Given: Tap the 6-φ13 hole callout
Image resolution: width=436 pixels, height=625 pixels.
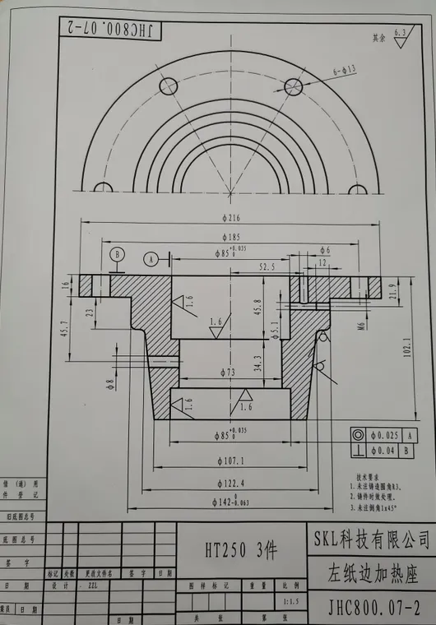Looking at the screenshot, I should click(344, 72).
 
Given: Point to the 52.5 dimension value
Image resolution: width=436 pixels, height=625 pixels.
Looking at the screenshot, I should click(267, 266).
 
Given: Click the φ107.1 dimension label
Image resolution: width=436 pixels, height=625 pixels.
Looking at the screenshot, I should click(230, 461).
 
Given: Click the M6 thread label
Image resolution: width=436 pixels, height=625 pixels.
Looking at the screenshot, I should click(361, 326).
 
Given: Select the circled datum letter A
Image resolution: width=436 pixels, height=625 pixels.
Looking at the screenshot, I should click(151, 258).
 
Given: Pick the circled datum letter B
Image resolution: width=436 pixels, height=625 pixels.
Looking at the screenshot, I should click(118, 254).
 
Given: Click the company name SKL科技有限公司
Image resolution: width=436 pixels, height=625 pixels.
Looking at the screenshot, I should click(372, 539).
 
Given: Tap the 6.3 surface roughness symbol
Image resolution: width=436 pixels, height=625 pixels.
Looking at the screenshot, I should click(400, 34).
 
